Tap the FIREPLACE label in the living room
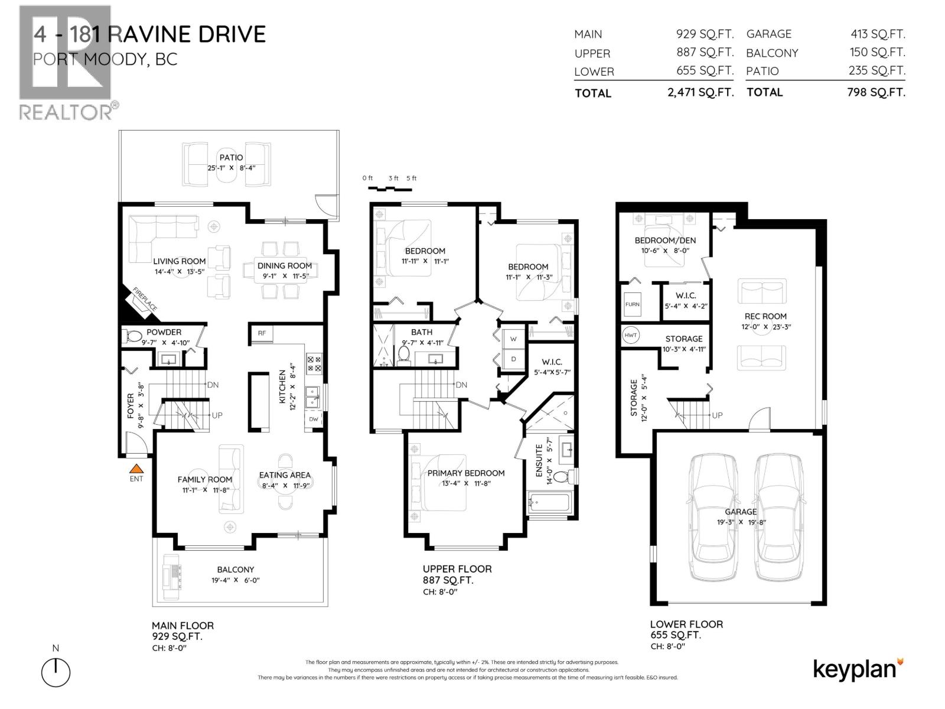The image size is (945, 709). (x=144, y=300)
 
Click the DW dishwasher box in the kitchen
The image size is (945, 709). (x=314, y=419)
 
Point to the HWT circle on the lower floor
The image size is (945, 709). (x=631, y=336)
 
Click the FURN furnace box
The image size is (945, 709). (x=632, y=304)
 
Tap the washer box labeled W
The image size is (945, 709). (x=513, y=339)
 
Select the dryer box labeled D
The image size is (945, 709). (x=513, y=359)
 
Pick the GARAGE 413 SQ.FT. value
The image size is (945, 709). (x=877, y=34)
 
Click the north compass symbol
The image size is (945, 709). (x=56, y=672)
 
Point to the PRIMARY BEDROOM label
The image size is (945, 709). (x=465, y=473)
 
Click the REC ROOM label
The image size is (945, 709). (x=765, y=316)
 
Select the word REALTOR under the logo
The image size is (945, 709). (x=65, y=112)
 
